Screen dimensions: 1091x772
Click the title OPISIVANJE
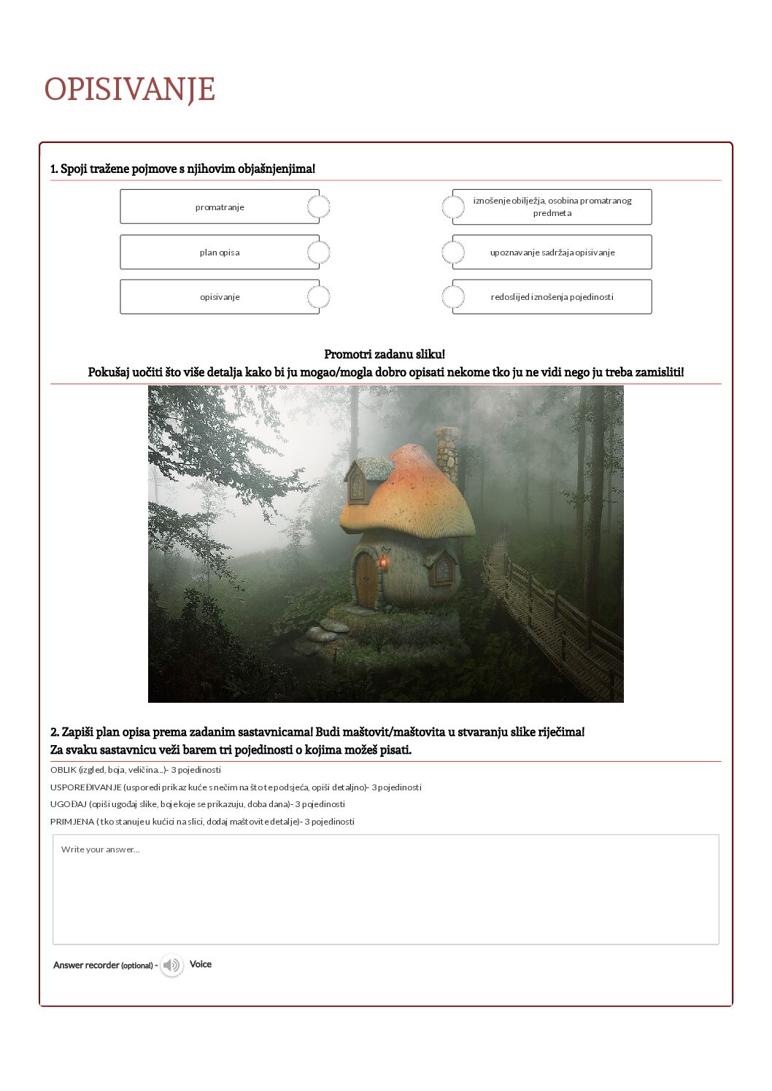[129, 90]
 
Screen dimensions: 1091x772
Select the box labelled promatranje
[219, 207]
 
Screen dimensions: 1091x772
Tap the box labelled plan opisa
[219, 252]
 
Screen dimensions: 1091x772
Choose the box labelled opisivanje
[219, 297]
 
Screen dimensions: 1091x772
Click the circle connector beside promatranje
[318, 207]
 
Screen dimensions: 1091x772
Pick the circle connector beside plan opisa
[318, 252]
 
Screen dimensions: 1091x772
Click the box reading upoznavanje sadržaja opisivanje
[552, 252]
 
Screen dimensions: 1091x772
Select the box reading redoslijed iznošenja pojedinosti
[552, 297]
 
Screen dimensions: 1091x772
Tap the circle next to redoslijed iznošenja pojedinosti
[453, 297]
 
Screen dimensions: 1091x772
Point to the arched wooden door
[366, 579]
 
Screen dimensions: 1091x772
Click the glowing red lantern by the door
[383, 563]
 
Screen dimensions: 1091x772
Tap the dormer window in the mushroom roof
[358, 485]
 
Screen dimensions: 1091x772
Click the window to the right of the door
[443, 570]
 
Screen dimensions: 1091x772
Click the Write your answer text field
[385, 890]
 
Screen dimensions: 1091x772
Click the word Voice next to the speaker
[201, 964]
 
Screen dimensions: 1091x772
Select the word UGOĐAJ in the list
[69, 804]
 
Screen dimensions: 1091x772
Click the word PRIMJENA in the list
[72, 822]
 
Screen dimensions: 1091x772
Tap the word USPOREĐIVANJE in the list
[86, 787]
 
